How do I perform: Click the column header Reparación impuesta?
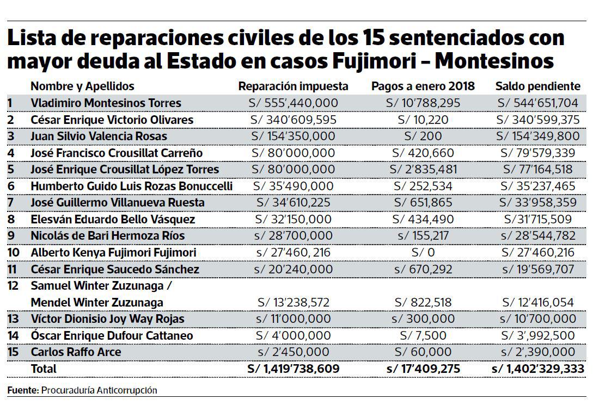point(293,86)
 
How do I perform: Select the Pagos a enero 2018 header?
point(423,86)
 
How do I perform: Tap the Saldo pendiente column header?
point(537,86)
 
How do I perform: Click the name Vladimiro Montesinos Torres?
point(106,103)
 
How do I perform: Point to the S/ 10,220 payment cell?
point(423,120)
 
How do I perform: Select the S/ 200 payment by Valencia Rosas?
point(423,136)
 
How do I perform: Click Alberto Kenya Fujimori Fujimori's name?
point(113,253)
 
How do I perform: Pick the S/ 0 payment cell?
point(423,253)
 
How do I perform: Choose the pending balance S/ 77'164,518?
point(537,170)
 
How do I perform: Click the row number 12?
point(13,286)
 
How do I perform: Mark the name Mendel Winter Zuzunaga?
point(96,302)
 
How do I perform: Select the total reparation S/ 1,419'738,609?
point(293,369)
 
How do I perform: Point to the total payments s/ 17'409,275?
point(423,369)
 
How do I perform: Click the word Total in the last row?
point(44,369)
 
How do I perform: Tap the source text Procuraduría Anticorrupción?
point(99,390)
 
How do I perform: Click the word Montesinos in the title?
point(494,61)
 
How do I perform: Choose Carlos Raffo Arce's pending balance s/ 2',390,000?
point(537,352)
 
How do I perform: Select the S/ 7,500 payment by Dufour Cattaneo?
point(423,336)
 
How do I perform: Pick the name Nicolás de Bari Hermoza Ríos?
point(107,236)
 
